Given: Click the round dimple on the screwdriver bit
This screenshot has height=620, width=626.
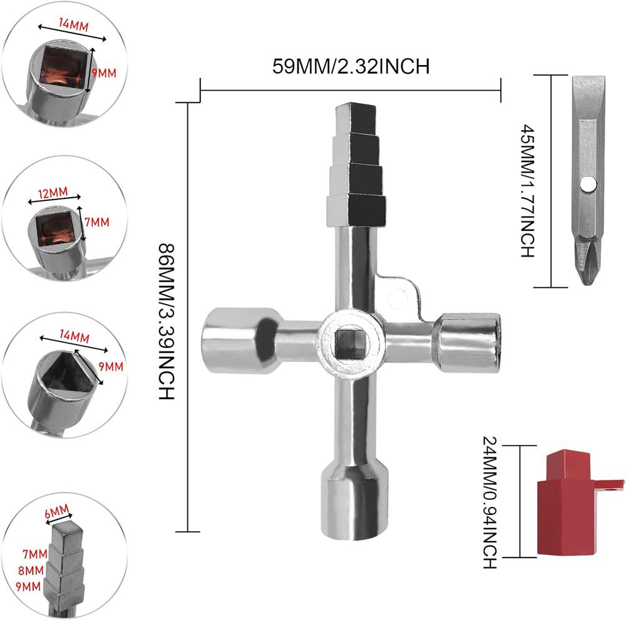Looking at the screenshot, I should (588, 183).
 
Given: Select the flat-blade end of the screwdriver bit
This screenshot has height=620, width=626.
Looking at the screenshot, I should (588, 88).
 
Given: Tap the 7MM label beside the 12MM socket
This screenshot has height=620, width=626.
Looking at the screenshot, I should (98, 222).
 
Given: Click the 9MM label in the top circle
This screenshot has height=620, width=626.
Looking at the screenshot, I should (104, 73).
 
